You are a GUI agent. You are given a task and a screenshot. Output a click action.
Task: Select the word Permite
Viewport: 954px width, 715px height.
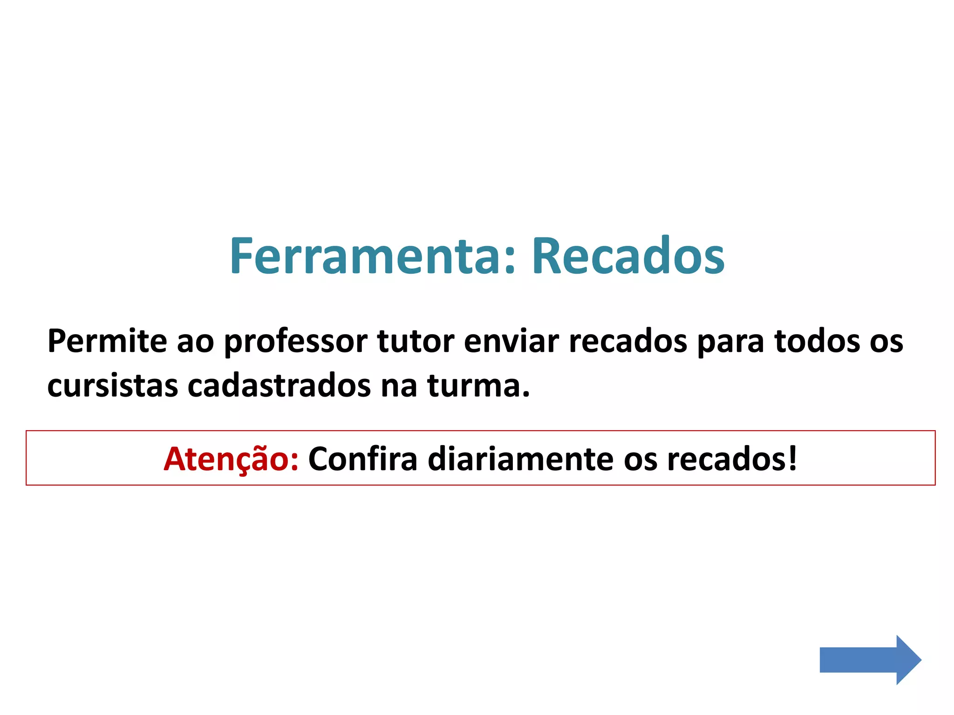pos(107,341)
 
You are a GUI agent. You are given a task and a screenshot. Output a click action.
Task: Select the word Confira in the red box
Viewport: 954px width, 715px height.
pos(362,459)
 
